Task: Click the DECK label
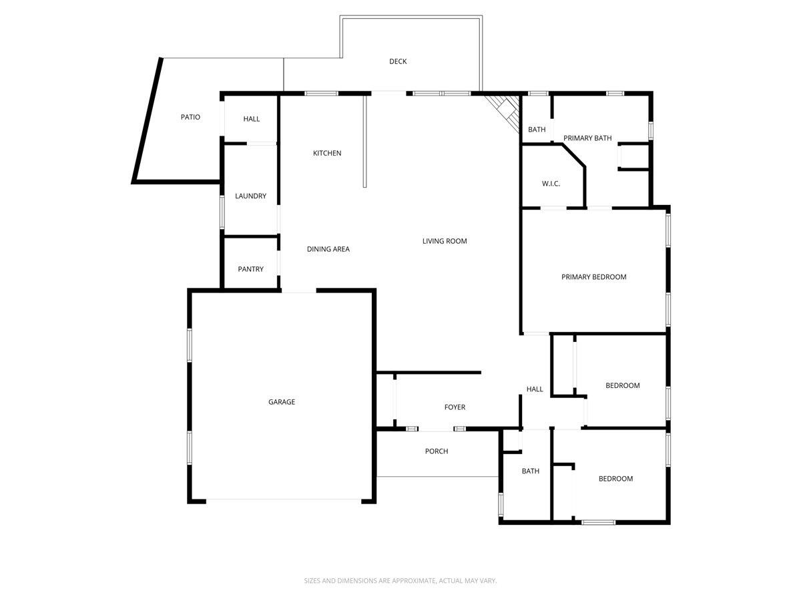pyautogui.click(x=398, y=61)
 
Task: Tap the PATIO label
pyautogui.click(x=190, y=118)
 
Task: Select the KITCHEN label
pyautogui.click(x=327, y=154)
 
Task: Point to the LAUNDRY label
pyautogui.click(x=250, y=196)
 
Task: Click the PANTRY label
pyautogui.click(x=250, y=269)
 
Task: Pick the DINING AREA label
pyautogui.click(x=328, y=249)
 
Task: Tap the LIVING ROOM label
pyautogui.click(x=445, y=241)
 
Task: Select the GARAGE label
pyautogui.click(x=282, y=402)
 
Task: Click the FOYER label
pyautogui.click(x=455, y=407)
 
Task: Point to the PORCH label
pyautogui.click(x=437, y=451)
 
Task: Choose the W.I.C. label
pyautogui.click(x=551, y=184)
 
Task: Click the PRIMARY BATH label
pyautogui.click(x=587, y=138)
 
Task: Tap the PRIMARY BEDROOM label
pyautogui.click(x=593, y=277)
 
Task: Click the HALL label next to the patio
pyautogui.click(x=252, y=119)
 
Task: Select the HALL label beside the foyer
pyautogui.click(x=535, y=389)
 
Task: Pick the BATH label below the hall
pyautogui.click(x=531, y=471)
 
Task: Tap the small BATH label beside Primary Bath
pyautogui.click(x=537, y=130)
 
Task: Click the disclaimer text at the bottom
pyautogui.click(x=400, y=581)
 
